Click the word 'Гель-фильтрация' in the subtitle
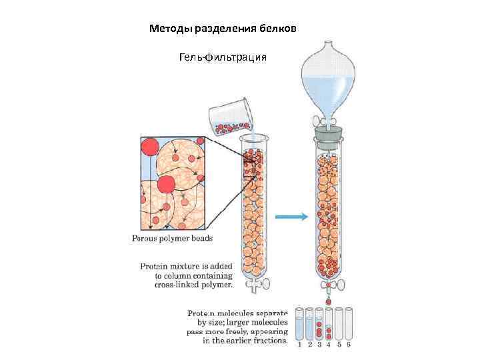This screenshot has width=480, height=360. pyautogui.click(x=223, y=58)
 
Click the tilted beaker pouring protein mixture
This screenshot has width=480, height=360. pyautogui.click(x=229, y=115)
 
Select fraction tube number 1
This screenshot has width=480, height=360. pyautogui.click(x=299, y=324)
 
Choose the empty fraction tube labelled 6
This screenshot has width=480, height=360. pyautogui.click(x=349, y=324)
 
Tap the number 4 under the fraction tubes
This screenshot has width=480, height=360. pyautogui.click(x=329, y=345)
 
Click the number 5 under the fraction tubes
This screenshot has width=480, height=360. pyautogui.click(x=339, y=345)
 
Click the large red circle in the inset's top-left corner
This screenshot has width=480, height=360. pyautogui.click(x=150, y=147)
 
